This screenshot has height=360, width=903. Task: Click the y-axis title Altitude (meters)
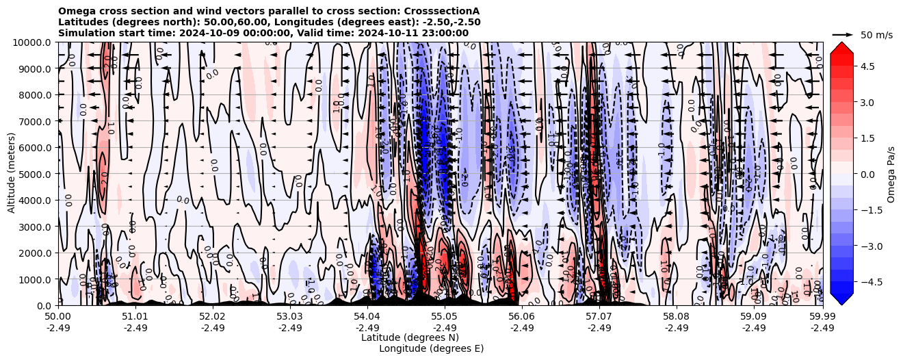click(x=12, y=174)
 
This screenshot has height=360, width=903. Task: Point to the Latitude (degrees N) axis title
click(x=410, y=337)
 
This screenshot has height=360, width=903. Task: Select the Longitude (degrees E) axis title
click(x=431, y=348)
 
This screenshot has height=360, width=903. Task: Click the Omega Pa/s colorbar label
click(x=891, y=174)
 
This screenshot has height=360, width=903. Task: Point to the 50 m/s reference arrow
click(x=843, y=34)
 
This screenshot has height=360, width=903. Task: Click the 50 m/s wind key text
click(x=876, y=35)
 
